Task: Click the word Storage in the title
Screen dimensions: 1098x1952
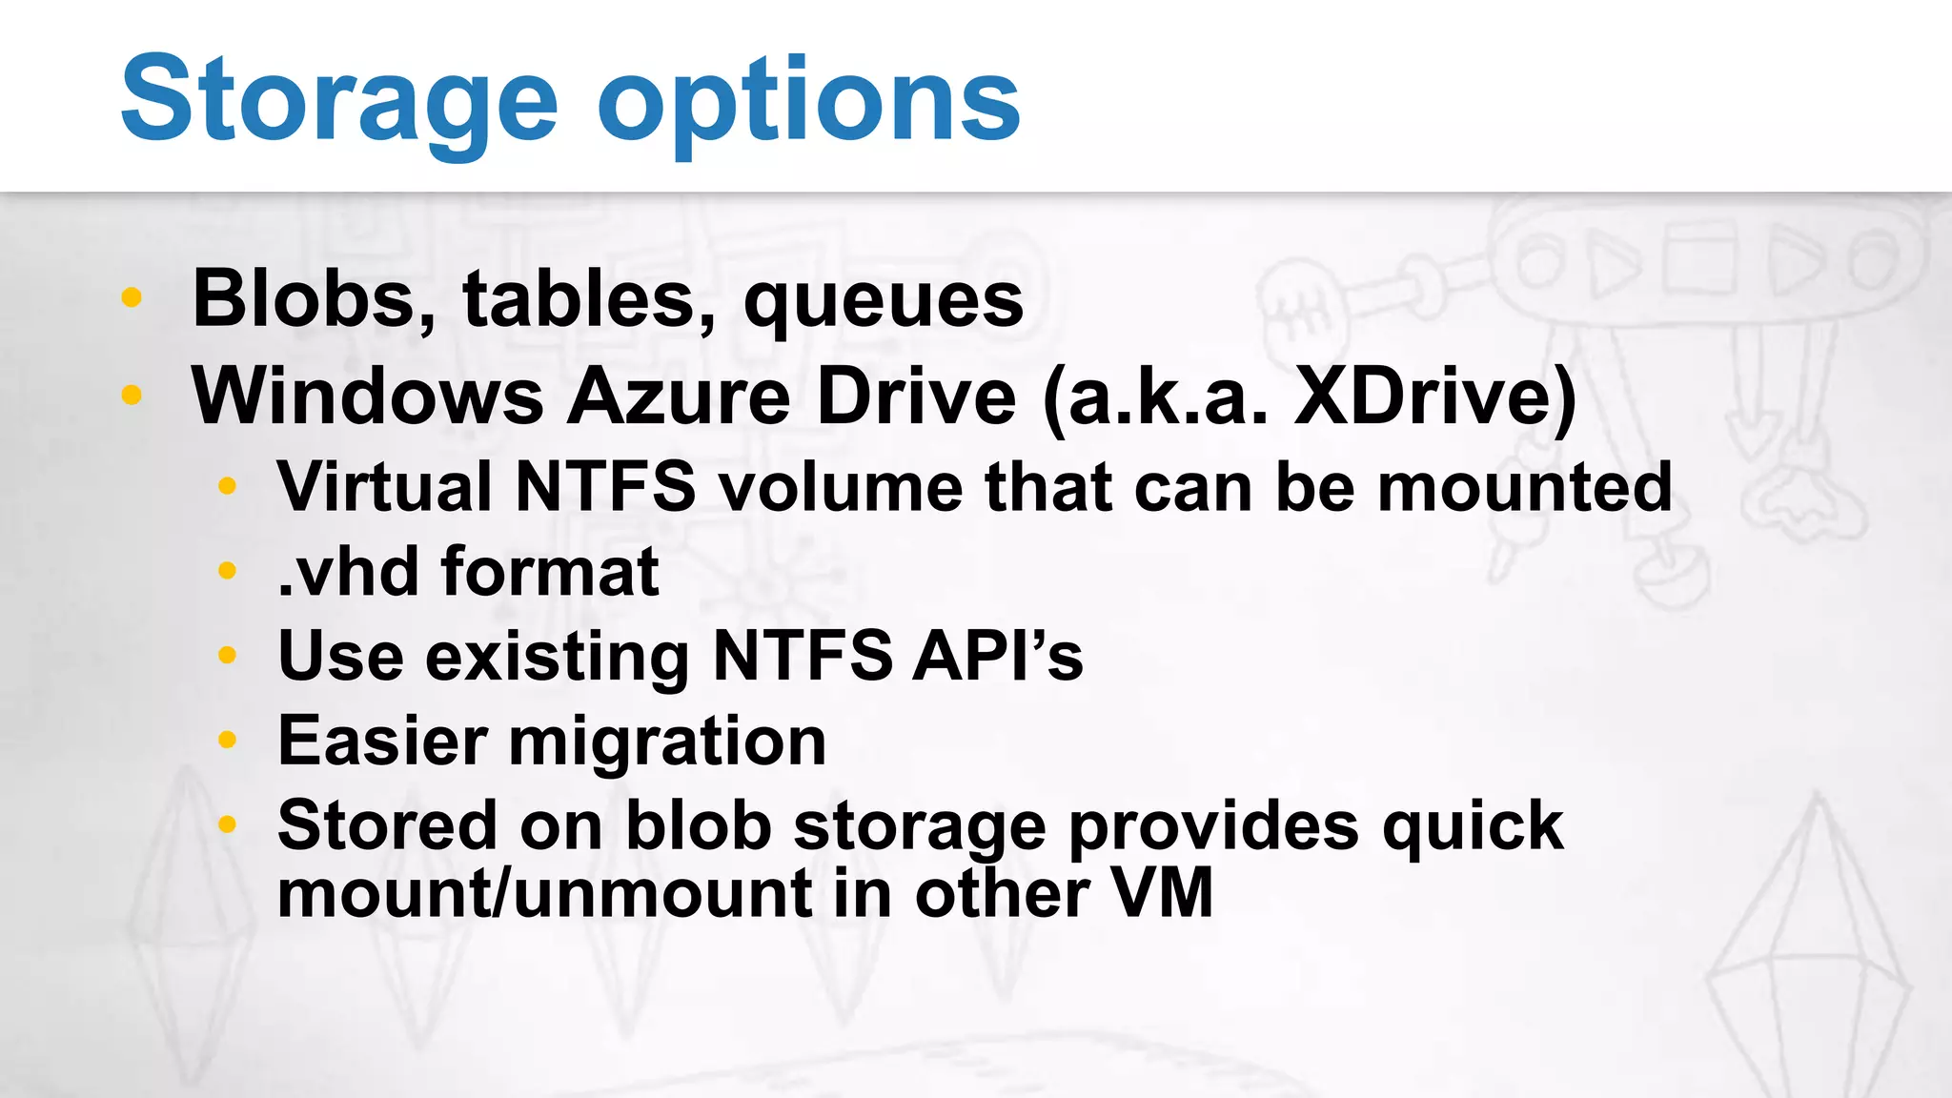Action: point(338,100)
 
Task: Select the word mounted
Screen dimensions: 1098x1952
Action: point(1524,487)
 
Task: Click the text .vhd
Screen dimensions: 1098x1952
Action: point(348,572)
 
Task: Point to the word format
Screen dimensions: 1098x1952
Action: point(550,572)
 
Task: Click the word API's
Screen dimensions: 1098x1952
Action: point(997,656)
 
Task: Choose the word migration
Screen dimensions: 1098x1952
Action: point(667,742)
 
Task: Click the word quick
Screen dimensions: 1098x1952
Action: point(1473,826)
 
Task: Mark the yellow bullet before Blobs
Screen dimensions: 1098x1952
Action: point(132,298)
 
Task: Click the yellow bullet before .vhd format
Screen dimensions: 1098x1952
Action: point(227,572)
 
